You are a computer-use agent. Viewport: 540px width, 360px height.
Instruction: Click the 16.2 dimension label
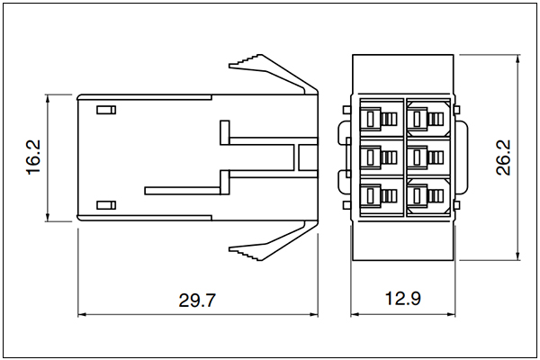point(34,157)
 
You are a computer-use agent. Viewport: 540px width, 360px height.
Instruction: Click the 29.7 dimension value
point(197,300)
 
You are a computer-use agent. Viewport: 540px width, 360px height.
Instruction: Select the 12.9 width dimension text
point(403,298)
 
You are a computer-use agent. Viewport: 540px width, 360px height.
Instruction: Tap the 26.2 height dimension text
point(503,157)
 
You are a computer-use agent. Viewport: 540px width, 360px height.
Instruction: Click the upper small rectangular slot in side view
point(106,110)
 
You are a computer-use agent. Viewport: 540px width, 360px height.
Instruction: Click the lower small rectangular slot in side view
point(106,205)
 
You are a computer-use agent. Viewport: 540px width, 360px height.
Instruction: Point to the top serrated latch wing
point(273,74)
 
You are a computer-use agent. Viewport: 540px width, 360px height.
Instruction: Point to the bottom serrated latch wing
point(273,241)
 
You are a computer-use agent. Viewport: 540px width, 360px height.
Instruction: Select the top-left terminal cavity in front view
point(382,119)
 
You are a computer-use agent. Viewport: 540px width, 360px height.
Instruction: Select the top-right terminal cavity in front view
point(428,119)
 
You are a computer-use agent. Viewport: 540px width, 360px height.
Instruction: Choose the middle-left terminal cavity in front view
point(382,157)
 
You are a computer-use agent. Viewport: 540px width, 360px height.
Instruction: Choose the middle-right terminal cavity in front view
point(428,157)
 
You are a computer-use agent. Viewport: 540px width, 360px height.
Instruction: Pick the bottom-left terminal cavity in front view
point(382,197)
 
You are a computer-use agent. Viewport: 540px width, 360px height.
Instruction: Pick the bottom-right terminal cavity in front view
point(428,197)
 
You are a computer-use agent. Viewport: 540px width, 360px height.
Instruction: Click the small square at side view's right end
point(308,157)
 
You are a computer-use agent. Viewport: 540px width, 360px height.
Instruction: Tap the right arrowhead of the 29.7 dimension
point(314,314)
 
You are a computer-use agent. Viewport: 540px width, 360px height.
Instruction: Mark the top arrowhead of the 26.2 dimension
point(517,58)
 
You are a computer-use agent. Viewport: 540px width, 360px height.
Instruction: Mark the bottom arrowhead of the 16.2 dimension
point(48,217)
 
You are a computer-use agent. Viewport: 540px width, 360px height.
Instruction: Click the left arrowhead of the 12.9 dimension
point(355,314)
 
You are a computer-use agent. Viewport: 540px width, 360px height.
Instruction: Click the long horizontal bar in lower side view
point(183,191)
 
